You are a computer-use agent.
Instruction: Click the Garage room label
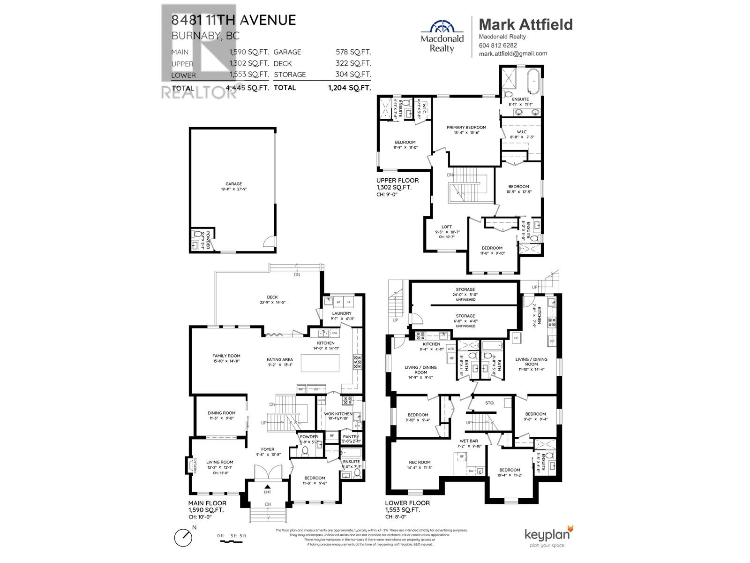click(233, 184)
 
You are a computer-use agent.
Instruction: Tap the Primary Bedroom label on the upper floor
click(466, 127)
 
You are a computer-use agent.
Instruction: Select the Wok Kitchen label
click(338, 414)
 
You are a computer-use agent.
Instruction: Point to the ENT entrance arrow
click(268, 487)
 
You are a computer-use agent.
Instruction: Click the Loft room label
click(447, 227)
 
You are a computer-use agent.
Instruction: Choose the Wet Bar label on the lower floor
click(469, 441)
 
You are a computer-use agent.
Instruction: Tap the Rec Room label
click(419, 462)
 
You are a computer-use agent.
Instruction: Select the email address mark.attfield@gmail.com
click(513, 53)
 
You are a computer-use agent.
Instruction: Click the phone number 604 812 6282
click(498, 46)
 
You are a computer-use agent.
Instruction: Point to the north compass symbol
click(183, 536)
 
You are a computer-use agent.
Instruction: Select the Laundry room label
click(341, 313)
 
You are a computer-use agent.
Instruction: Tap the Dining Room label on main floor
click(221, 413)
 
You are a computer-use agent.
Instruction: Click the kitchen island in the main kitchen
click(320, 363)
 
